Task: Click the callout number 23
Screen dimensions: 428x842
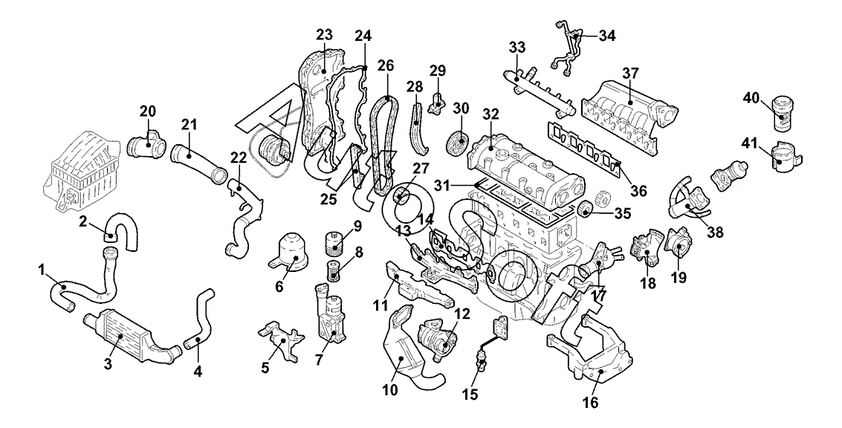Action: pos(324,34)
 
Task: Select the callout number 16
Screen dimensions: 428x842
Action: pos(591,403)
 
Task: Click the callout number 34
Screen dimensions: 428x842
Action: pos(607,35)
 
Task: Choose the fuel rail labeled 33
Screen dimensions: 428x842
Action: pos(539,91)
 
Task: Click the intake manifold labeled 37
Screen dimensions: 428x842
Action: pos(628,111)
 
